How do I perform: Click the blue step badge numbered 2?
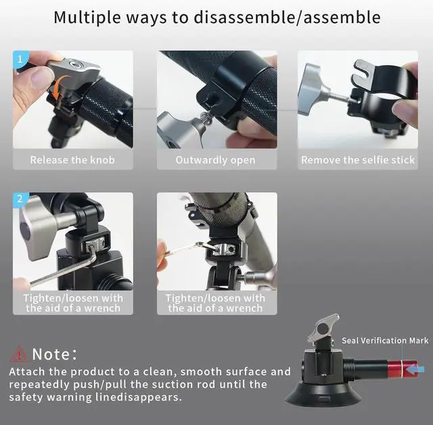click(x=20, y=200)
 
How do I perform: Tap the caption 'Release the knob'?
click(x=72, y=160)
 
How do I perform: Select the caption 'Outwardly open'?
click(x=215, y=160)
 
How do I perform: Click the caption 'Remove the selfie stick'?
click(x=357, y=160)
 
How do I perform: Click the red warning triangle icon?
click(x=18, y=353)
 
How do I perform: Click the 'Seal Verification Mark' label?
click(x=384, y=340)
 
